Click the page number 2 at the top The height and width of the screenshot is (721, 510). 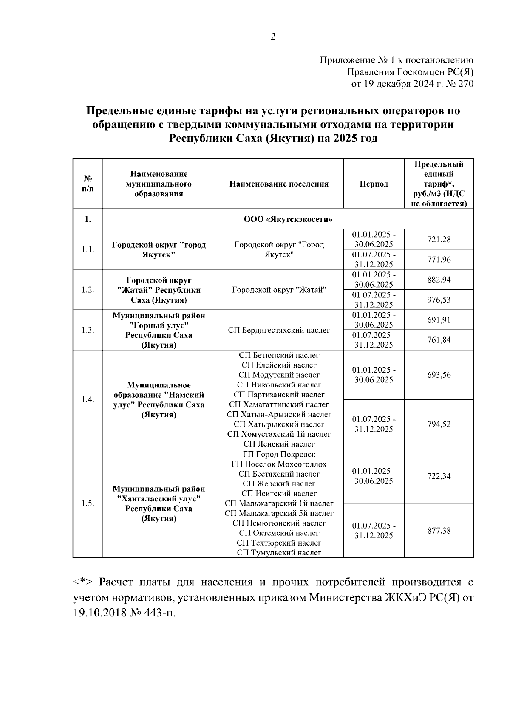pos(273,37)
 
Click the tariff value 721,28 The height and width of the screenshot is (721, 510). pos(439,240)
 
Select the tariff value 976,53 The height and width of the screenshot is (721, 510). pos(439,300)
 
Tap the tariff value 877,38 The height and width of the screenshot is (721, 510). pos(439,530)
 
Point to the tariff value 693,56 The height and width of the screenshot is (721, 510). pos(439,375)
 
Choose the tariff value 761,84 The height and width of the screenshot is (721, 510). pos(439,340)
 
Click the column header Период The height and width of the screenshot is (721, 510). pos(374,184)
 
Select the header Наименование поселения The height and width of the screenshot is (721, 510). pos(279,184)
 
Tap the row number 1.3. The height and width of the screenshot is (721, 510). pos(88,330)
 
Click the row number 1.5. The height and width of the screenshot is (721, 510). pos(88,503)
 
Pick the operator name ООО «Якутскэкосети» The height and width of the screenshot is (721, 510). pos(288,219)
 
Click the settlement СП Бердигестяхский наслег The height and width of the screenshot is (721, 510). pos(279,330)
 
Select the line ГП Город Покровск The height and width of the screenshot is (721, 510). pos(279,454)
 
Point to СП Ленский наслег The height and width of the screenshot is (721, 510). pos(279,444)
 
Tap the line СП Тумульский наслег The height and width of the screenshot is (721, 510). pos(279,552)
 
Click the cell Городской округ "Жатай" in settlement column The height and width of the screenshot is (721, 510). pos(279,290)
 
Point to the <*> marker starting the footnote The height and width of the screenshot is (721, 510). pos(83,582)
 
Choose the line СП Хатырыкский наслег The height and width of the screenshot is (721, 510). pos(279,424)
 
